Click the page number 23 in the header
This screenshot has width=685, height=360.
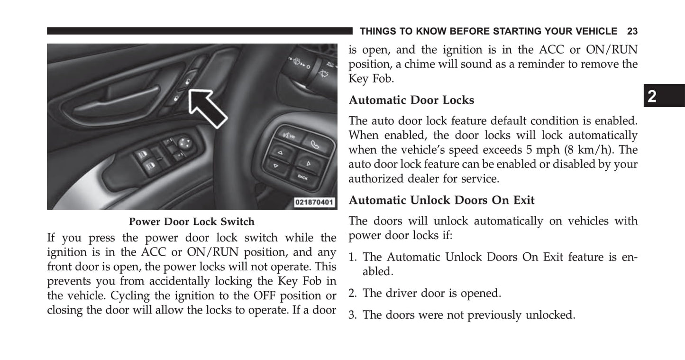tap(632, 31)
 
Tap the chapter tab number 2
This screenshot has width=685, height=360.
tap(652, 96)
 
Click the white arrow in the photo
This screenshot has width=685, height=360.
tap(207, 108)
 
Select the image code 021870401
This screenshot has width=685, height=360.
tap(314, 203)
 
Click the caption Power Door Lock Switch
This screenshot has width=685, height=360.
tap(192, 222)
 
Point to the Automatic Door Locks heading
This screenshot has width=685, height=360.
tap(411, 100)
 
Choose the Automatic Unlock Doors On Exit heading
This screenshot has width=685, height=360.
tap(442, 200)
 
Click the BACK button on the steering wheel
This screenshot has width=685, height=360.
tap(303, 177)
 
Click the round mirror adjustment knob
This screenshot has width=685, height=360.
tap(185, 143)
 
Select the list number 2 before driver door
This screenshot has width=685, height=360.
tap(352, 293)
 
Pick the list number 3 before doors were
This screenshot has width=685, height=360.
tap(352, 315)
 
